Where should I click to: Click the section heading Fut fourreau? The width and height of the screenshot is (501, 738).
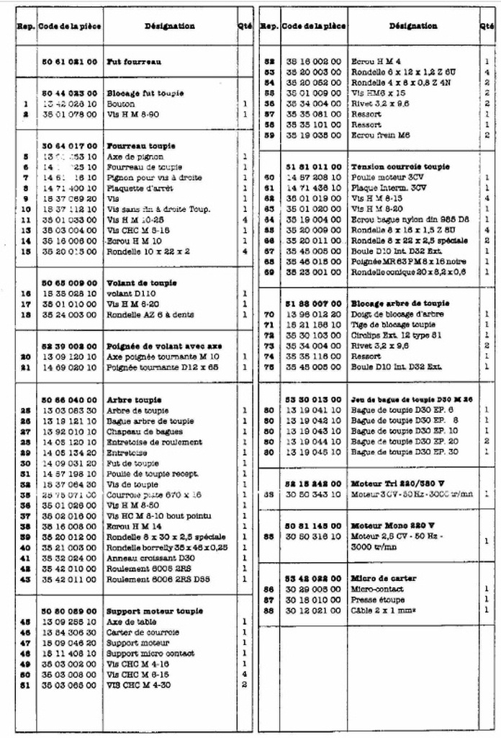click(x=134, y=62)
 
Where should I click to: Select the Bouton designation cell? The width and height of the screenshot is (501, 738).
click(x=121, y=104)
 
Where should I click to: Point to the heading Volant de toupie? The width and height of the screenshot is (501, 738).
click(x=141, y=283)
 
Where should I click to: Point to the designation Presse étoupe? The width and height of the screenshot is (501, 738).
click(x=377, y=600)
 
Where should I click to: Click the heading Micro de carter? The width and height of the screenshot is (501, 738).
click(x=383, y=578)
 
